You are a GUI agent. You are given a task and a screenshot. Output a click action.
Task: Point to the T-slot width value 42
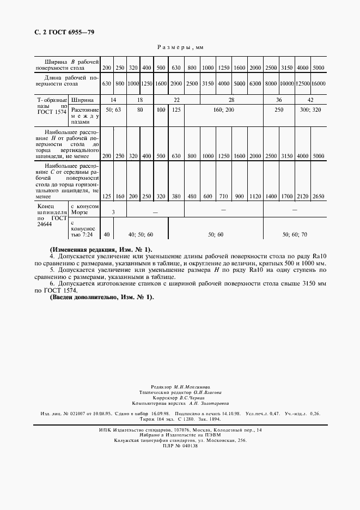pyautogui.click(x=310, y=100)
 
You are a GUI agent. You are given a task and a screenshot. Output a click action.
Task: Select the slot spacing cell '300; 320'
pyautogui.click(x=310, y=110)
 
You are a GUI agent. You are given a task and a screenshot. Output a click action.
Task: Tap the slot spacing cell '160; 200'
pyautogui.click(x=224, y=110)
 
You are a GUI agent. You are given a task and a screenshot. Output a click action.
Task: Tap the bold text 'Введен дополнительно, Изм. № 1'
pyautogui.click(x=102, y=297)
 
